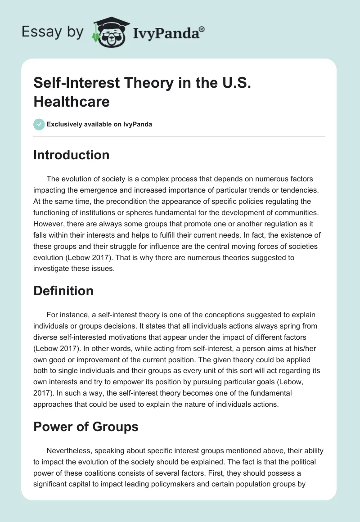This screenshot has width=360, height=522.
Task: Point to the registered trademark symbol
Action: (202, 30)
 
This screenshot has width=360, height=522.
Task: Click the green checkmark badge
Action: (39, 124)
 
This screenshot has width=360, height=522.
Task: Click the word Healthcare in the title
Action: (72, 102)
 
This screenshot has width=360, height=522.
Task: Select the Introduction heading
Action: (72, 155)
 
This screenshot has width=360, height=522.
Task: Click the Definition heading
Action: (63, 291)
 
